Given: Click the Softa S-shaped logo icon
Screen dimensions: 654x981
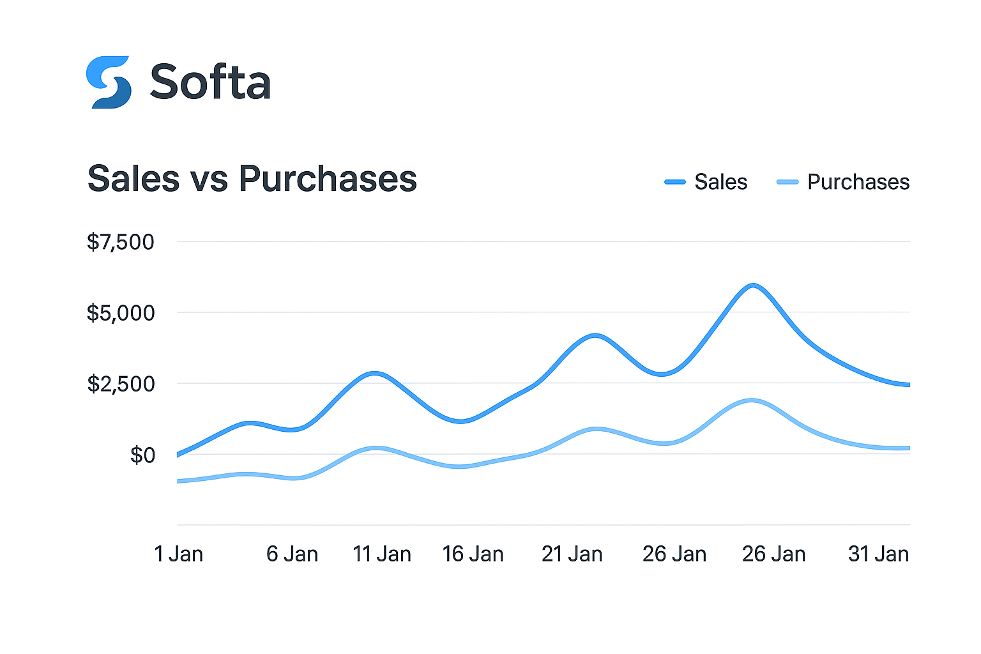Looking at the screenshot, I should coord(109,82).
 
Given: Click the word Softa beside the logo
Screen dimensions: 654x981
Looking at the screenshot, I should coord(210,82).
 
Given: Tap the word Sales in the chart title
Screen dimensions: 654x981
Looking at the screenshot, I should coord(133,178).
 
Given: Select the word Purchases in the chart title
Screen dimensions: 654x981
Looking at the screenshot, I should coord(328,178).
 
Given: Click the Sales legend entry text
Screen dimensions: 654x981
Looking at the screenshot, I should coord(720,182).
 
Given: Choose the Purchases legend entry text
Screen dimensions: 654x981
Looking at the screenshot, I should coord(858,182).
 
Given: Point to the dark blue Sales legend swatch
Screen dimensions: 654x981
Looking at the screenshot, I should coord(675,182).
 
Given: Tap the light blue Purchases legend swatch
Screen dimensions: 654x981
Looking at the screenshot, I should coord(787,182).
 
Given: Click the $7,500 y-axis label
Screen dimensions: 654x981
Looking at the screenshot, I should coord(121,242).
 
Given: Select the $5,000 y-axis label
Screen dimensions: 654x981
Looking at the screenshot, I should coord(121,313).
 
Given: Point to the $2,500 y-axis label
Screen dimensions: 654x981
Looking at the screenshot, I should coord(121,384).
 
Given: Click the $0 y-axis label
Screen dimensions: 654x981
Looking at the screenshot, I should coord(142,455).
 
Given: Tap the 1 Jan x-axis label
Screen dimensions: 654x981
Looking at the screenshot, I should coord(179,554).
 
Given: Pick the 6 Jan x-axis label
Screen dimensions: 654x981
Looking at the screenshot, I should coord(292,554).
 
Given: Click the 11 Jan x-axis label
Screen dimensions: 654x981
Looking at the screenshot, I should coord(382,554).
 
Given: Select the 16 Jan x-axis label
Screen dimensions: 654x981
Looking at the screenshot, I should coord(473,554).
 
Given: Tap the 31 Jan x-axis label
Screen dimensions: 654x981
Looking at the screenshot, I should coord(878,554).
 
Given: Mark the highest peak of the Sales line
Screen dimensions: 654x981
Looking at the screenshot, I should coord(754,285).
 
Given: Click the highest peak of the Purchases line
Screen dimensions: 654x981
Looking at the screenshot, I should coord(752,400).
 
